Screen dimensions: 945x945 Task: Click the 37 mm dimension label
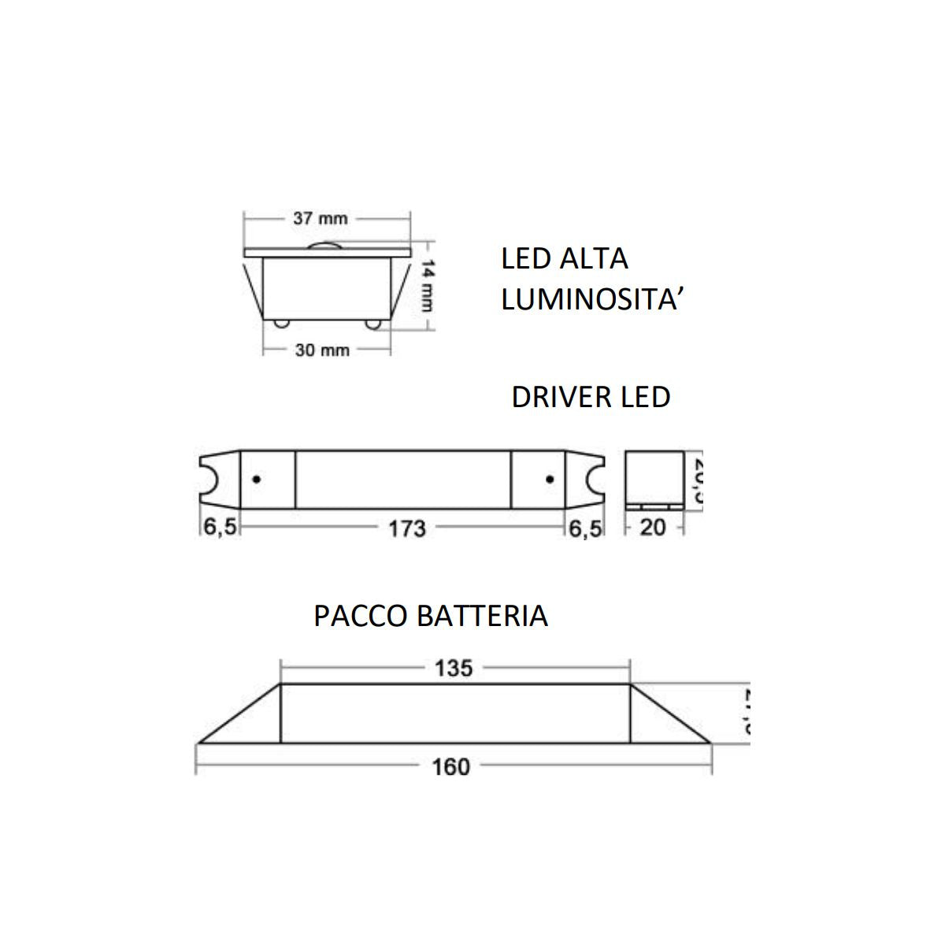coord(321,218)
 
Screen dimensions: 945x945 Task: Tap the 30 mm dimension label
coord(321,350)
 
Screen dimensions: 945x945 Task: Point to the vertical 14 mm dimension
coord(427,284)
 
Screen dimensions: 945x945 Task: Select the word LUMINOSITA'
coord(590,301)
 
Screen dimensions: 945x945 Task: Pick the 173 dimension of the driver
coord(406,528)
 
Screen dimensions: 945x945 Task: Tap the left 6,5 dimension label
coord(220,528)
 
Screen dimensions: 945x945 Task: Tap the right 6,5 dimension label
coord(586,528)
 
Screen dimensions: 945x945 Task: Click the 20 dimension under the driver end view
coord(653,528)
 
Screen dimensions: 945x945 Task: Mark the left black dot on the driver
coord(256,479)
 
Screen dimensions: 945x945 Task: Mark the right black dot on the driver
coord(550,479)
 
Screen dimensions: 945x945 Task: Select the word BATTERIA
coord(482,616)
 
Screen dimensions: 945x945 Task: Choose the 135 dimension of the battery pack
coord(454,669)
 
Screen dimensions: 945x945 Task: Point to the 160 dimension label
coord(451,766)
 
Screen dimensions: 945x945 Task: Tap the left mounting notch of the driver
coord(209,479)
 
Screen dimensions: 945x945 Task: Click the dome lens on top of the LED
coord(329,245)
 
